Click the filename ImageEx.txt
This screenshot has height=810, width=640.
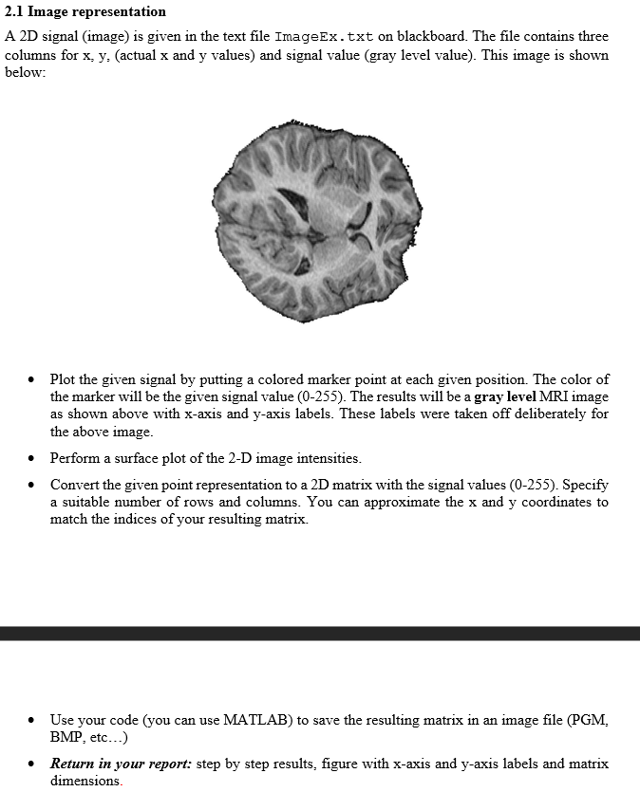(323, 37)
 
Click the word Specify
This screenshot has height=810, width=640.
(585, 485)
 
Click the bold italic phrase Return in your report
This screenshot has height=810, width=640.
(121, 764)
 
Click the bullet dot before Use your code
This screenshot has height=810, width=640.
(32, 721)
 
